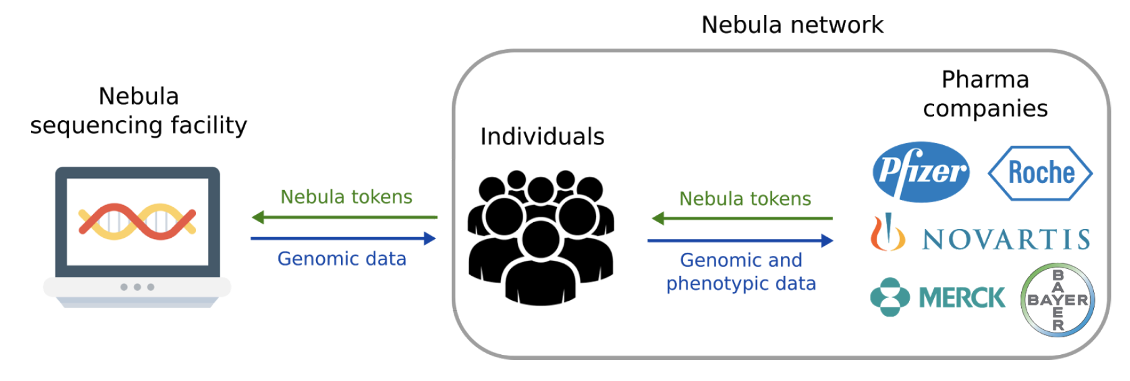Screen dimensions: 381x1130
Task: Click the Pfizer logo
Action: pos(921,172)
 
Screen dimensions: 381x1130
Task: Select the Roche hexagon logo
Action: pos(1040,173)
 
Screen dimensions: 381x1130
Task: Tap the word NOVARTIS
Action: pos(1006,239)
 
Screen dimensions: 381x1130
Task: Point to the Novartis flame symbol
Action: pos(887,232)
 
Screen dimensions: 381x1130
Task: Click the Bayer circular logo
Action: pos(1057,300)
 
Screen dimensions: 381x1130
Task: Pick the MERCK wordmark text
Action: pos(961,298)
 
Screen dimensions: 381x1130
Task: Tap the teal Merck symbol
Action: pos(890,297)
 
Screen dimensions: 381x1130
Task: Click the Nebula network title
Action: pos(791,25)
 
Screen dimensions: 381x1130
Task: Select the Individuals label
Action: pos(542,136)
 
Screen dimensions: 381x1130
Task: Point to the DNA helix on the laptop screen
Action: pos(138,222)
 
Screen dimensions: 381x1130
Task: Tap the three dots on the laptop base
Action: pos(138,287)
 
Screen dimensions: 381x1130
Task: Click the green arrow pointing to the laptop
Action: pos(344,217)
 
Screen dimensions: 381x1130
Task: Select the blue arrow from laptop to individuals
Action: pos(343,238)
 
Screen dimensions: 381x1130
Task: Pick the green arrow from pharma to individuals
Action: pos(742,219)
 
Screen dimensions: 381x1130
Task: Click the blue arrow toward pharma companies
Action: pos(740,240)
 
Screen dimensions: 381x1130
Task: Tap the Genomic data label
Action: pos(342,258)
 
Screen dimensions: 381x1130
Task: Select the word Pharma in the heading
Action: pos(985,80)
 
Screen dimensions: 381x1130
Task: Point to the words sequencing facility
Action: pos(139,125)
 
